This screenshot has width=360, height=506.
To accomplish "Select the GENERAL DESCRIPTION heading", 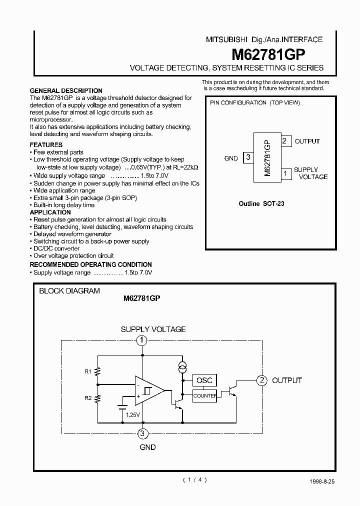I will click(x=66, y=91).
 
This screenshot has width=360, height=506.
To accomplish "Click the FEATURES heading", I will click(x=46, y=145).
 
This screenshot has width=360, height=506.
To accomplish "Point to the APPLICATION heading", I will click(x=50, y=212).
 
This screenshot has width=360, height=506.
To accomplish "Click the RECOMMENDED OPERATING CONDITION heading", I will click(x=90, y=264).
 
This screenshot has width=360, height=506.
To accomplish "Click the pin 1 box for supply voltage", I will click(x=285, y=173).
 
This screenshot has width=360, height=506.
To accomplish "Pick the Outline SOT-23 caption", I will click(x=262, y=204).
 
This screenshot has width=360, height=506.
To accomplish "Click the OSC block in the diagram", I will click(x=204, y=380).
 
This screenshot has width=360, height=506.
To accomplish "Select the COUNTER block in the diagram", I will click(x=204, y=395).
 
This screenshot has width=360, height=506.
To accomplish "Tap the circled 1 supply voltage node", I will click(x=142, y=341).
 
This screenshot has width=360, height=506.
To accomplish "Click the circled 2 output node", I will click(x=261, y=380).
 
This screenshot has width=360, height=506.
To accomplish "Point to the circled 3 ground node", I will click(x=142, y=433).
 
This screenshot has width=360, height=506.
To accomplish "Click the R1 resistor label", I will click(x=88, y=371).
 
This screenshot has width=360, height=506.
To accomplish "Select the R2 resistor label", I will click(x=88, y=398).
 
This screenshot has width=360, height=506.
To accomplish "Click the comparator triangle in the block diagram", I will click(x=148, y=390).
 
